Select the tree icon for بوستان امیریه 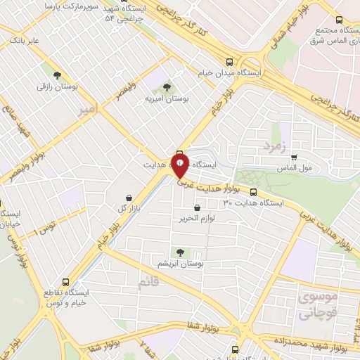coord(167,87)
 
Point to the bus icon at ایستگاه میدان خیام coord(230,60)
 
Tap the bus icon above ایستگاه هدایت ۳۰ coord(253,191)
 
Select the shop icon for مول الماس coord(294,157)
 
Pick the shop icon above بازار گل coord(127,198)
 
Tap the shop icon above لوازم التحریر coord(196,207)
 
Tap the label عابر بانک coord(24,41)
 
